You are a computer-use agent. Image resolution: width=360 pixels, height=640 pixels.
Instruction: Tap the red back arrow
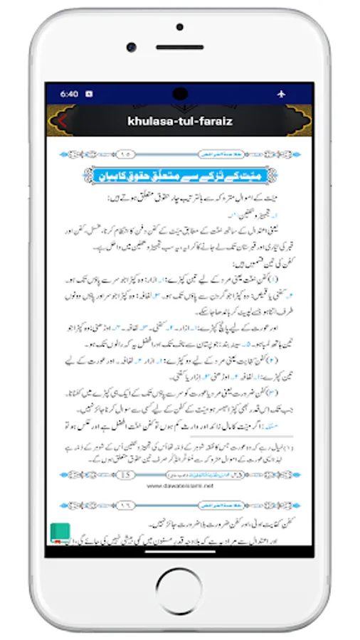62,121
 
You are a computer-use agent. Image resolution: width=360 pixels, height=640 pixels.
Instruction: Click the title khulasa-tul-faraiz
180,121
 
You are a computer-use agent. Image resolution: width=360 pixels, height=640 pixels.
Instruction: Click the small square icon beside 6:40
89,93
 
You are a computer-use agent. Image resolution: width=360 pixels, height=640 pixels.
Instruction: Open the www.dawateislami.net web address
180,486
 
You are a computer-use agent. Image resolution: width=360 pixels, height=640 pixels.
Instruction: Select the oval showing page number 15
127,474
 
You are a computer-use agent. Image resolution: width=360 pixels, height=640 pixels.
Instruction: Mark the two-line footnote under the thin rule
180,452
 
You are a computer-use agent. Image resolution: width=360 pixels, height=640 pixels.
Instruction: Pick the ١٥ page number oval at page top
127,152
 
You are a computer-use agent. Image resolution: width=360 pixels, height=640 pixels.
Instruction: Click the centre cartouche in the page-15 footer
180,474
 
